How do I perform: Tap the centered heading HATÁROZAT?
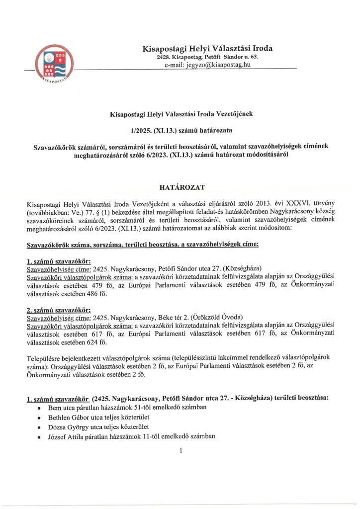tap(180, 187)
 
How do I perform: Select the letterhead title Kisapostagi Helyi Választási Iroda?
tap(207, 49)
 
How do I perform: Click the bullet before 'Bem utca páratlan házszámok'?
tap(39, 408)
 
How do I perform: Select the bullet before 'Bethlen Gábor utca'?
tap(39, 418)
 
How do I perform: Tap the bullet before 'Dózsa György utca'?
tap(39, 427)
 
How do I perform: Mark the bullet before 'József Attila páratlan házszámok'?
tap(39, 437)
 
